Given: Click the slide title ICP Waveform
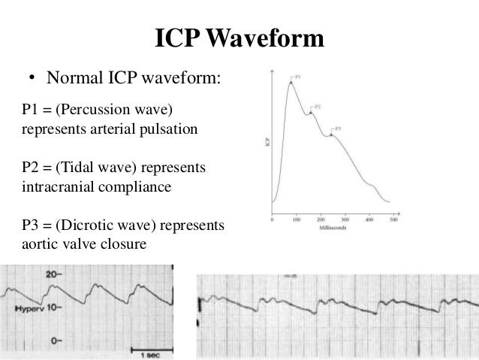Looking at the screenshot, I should (239, 39).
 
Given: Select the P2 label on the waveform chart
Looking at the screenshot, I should (318, 107).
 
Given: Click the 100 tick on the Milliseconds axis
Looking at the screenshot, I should (297, 219).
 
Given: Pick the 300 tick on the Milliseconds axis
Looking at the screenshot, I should (345, 219).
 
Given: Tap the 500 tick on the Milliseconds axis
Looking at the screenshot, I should (393, 219).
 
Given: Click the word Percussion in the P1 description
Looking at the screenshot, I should (85, 112).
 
